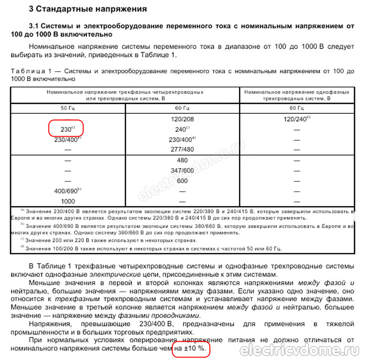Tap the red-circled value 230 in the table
pos(66,129)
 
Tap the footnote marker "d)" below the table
pos(22,247)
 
